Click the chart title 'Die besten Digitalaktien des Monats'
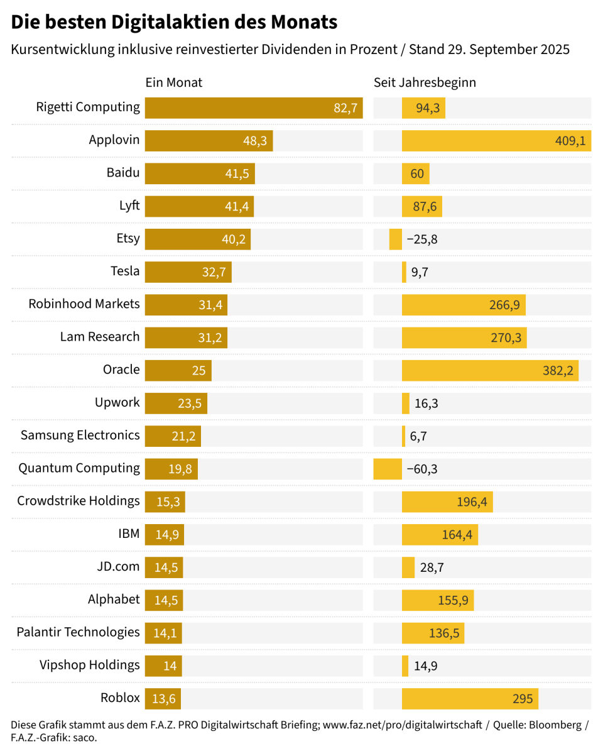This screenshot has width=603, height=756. [174, 23]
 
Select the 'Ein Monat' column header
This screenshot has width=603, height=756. [174, 82]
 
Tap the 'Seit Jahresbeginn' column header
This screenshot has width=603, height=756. [425, 82]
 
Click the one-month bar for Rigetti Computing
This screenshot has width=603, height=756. [254, 108]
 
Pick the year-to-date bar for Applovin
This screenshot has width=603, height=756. [496, 141]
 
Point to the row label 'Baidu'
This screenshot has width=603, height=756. [123, 172]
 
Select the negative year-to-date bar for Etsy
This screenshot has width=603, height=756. [396, 239]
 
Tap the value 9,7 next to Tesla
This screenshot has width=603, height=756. [420, 272]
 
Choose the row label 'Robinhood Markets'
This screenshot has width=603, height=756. [84, 304]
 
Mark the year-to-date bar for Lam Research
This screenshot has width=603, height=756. [464, 337]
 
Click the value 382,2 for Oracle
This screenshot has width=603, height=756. [558, 370]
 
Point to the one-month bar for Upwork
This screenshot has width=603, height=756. [176, 403]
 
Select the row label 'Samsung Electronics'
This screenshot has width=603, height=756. [80, 435]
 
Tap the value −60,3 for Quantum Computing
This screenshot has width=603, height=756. [422, 469]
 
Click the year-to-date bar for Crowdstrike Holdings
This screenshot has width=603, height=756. [447, 501]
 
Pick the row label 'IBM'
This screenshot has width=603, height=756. [129, 534]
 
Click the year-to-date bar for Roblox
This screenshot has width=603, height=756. [470, 698]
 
